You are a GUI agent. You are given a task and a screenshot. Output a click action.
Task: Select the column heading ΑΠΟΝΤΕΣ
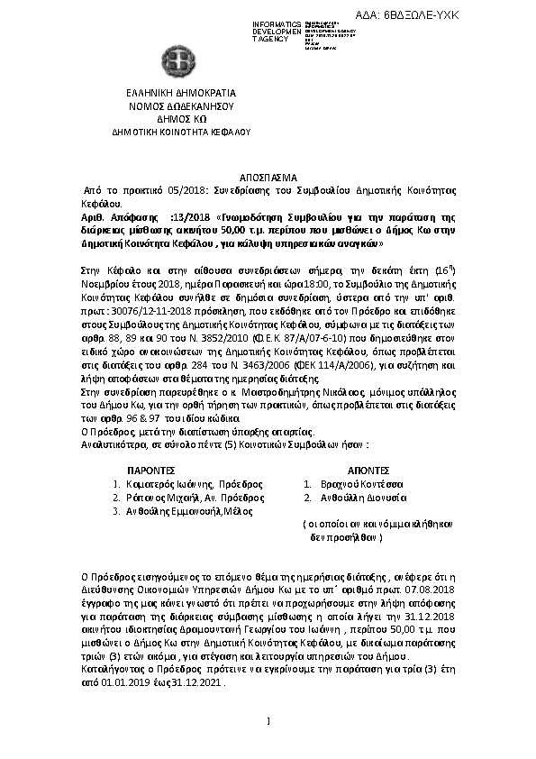(368, 471)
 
